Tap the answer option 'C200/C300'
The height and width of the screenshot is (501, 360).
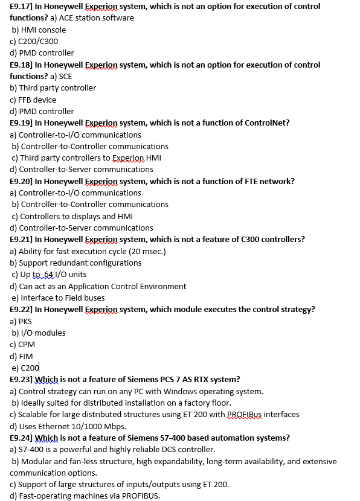[x=38, y=41]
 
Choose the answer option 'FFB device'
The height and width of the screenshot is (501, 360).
[x=38, y=100]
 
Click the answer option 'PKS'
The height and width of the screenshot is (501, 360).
[x=26, y=321]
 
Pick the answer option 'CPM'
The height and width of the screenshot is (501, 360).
[x=26, y=345]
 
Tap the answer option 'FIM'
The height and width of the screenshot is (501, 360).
[x=26, y=356]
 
